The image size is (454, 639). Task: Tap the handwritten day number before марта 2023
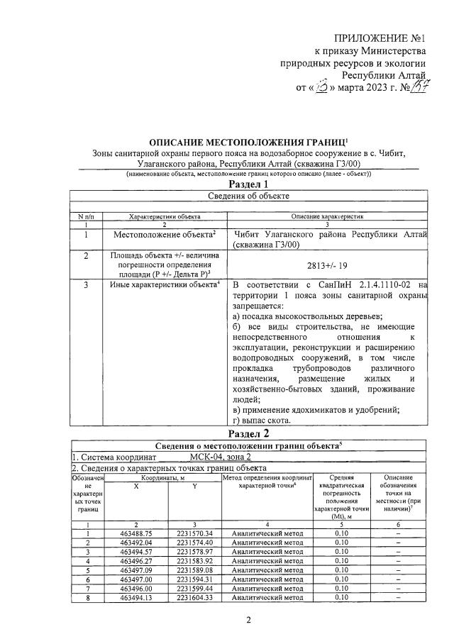coord(319,89)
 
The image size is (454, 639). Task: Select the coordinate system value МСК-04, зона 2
coord(221,457)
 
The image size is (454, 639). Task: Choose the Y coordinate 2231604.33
coord(194,597)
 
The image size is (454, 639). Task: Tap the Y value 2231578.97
coord(194,551)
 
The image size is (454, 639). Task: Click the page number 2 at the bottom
coord(248,621)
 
